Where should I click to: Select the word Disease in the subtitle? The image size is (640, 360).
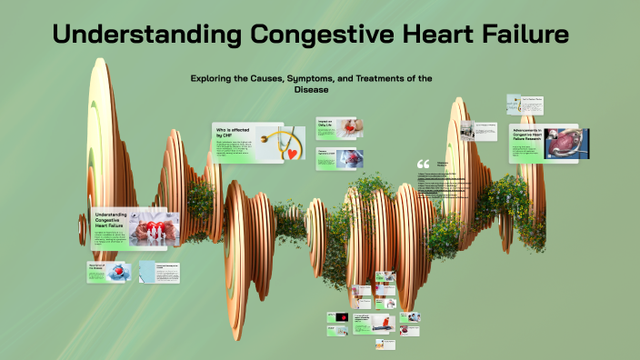click(x=310, y=90)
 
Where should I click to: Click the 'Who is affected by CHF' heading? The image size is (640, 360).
click(x=232, y=132)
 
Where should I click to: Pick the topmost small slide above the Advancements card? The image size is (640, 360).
click(x=525, y=103)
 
